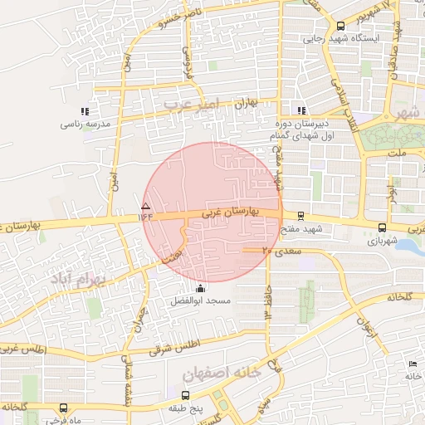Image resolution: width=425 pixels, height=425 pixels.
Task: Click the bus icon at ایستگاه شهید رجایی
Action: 340,26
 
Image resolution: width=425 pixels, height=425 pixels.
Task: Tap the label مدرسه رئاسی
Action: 84,125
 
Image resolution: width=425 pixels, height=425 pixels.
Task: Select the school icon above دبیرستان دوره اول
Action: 301,110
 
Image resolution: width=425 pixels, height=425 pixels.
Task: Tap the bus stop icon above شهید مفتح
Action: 300,215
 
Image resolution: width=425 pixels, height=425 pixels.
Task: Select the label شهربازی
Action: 381,242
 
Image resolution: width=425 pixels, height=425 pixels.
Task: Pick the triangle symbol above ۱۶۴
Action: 146,205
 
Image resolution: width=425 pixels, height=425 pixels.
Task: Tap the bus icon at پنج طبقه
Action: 184,396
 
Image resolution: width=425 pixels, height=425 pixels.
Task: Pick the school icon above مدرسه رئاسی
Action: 84,111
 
